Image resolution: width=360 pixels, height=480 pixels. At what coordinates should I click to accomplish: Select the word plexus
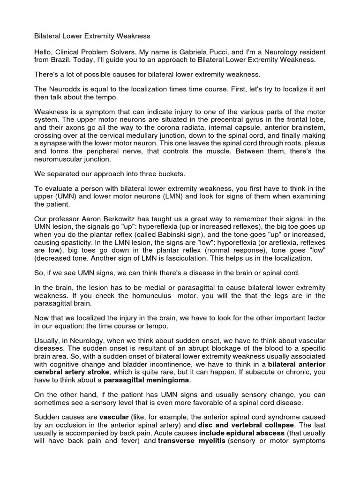click(313, 143)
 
